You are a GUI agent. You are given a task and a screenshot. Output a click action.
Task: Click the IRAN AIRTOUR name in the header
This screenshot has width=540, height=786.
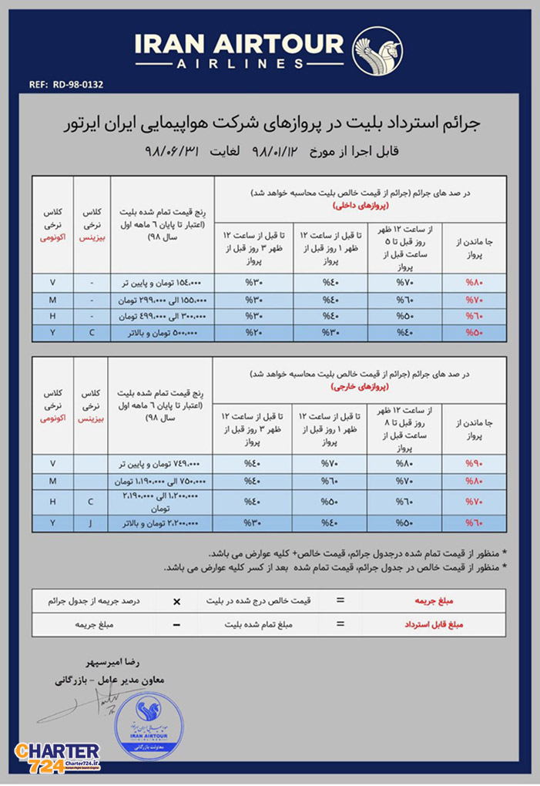pyautogui.click(x=240, y=45)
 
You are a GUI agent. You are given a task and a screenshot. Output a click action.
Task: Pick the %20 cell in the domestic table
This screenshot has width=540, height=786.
pyautogui.click(x=256, y=332)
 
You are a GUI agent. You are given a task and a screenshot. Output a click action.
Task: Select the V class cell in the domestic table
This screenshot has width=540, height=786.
pyautogui.click(x=52, y=282)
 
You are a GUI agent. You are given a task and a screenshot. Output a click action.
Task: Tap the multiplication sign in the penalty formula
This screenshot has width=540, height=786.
pyautogui.click(x=176, y=600)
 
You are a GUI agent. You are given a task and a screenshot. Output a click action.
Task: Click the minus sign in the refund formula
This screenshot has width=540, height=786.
pyautogui.click(x=176, y=623)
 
